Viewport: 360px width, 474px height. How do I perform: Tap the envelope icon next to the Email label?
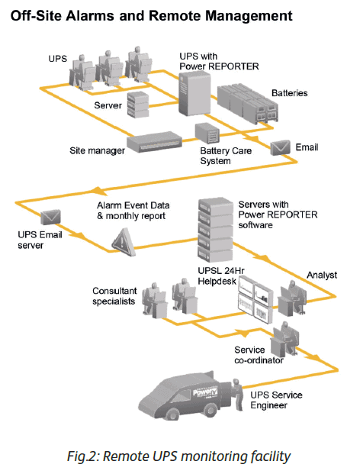[281, 147]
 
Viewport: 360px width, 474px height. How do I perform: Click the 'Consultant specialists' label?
[116, 296]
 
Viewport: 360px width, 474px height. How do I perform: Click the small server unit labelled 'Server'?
[140, 103]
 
